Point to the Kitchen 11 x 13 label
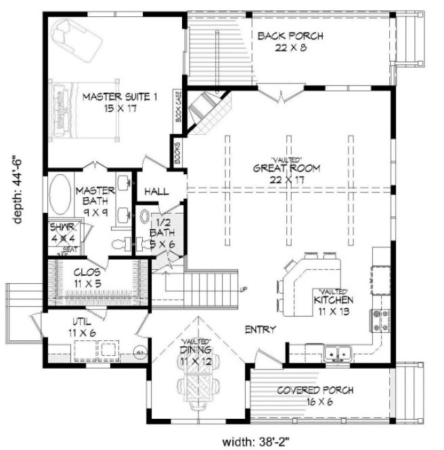point(331,303)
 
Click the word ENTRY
point(260,330)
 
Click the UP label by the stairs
point(243,291)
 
